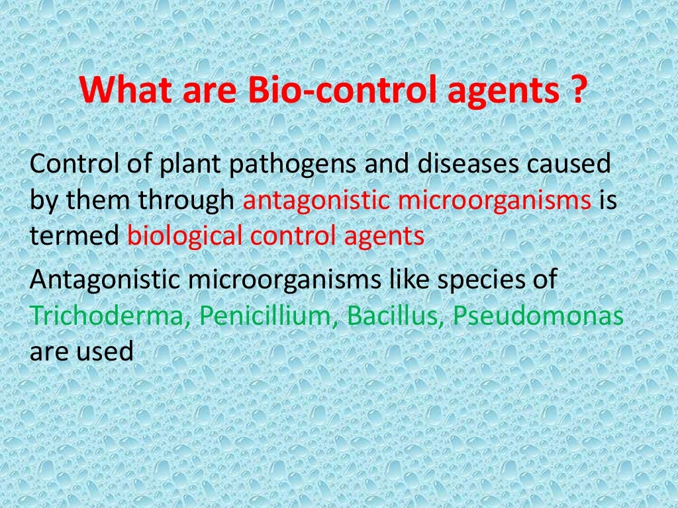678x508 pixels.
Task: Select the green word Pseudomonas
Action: point(538,316)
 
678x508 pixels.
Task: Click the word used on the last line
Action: point(107,351)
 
